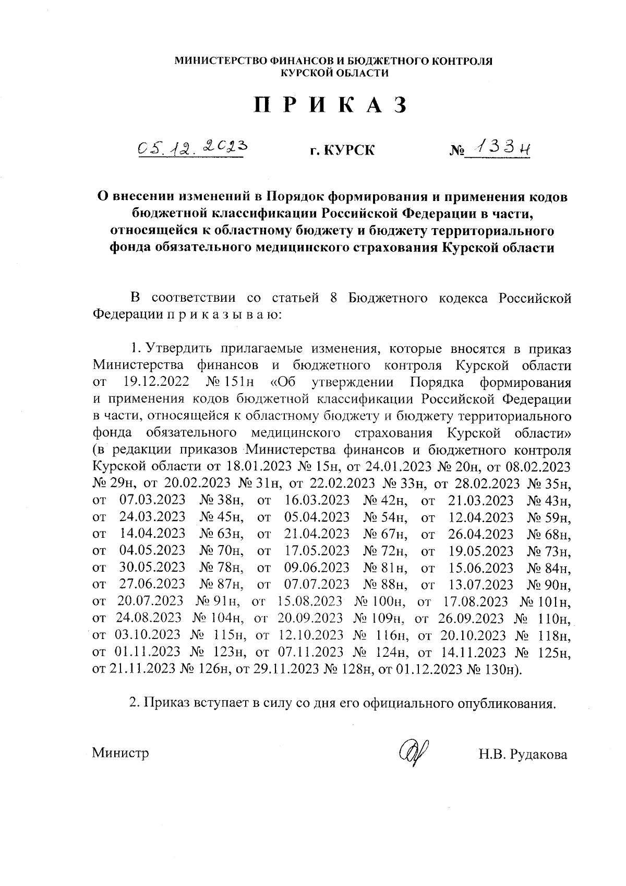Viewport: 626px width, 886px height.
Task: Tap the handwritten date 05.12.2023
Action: tap(190, 149)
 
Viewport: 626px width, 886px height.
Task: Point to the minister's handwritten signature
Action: tap(412, 752)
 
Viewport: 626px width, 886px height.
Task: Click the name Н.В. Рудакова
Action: tap(522, 754)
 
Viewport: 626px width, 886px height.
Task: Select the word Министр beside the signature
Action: tap(121, 753)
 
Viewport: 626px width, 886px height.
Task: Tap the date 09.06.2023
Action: tap(317, 568)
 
